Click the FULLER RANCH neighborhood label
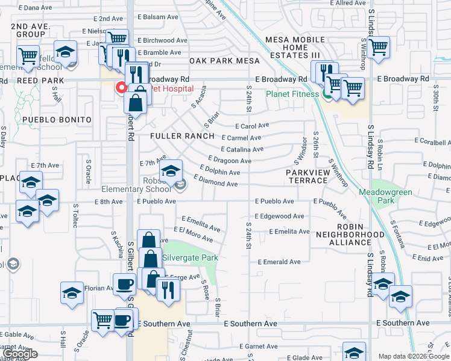click(x=182, y=136)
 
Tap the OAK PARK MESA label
click(x=224, y=61)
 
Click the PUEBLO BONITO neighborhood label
click(x=57, y=120)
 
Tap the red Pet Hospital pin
click(x=121, y=88)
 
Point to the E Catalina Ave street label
click(x=242, y=149)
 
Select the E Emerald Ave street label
click(x=279, y=262)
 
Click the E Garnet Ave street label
click(x=258, y=347)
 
